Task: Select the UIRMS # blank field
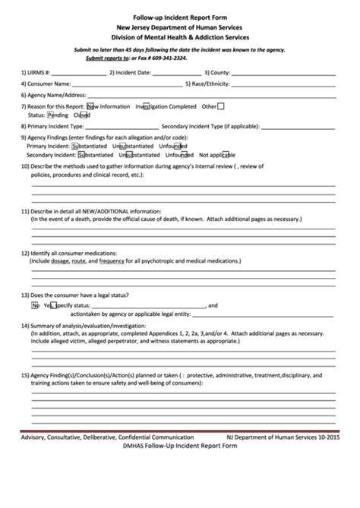click(x=79, y=74)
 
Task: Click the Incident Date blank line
click(x=171, y=74)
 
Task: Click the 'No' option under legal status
click(x=35, y=305)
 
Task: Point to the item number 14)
click(x=25, y=324)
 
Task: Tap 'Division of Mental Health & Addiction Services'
click(x=179, y=36)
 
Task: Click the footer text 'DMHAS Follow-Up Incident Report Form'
click(x=179, y=446)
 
